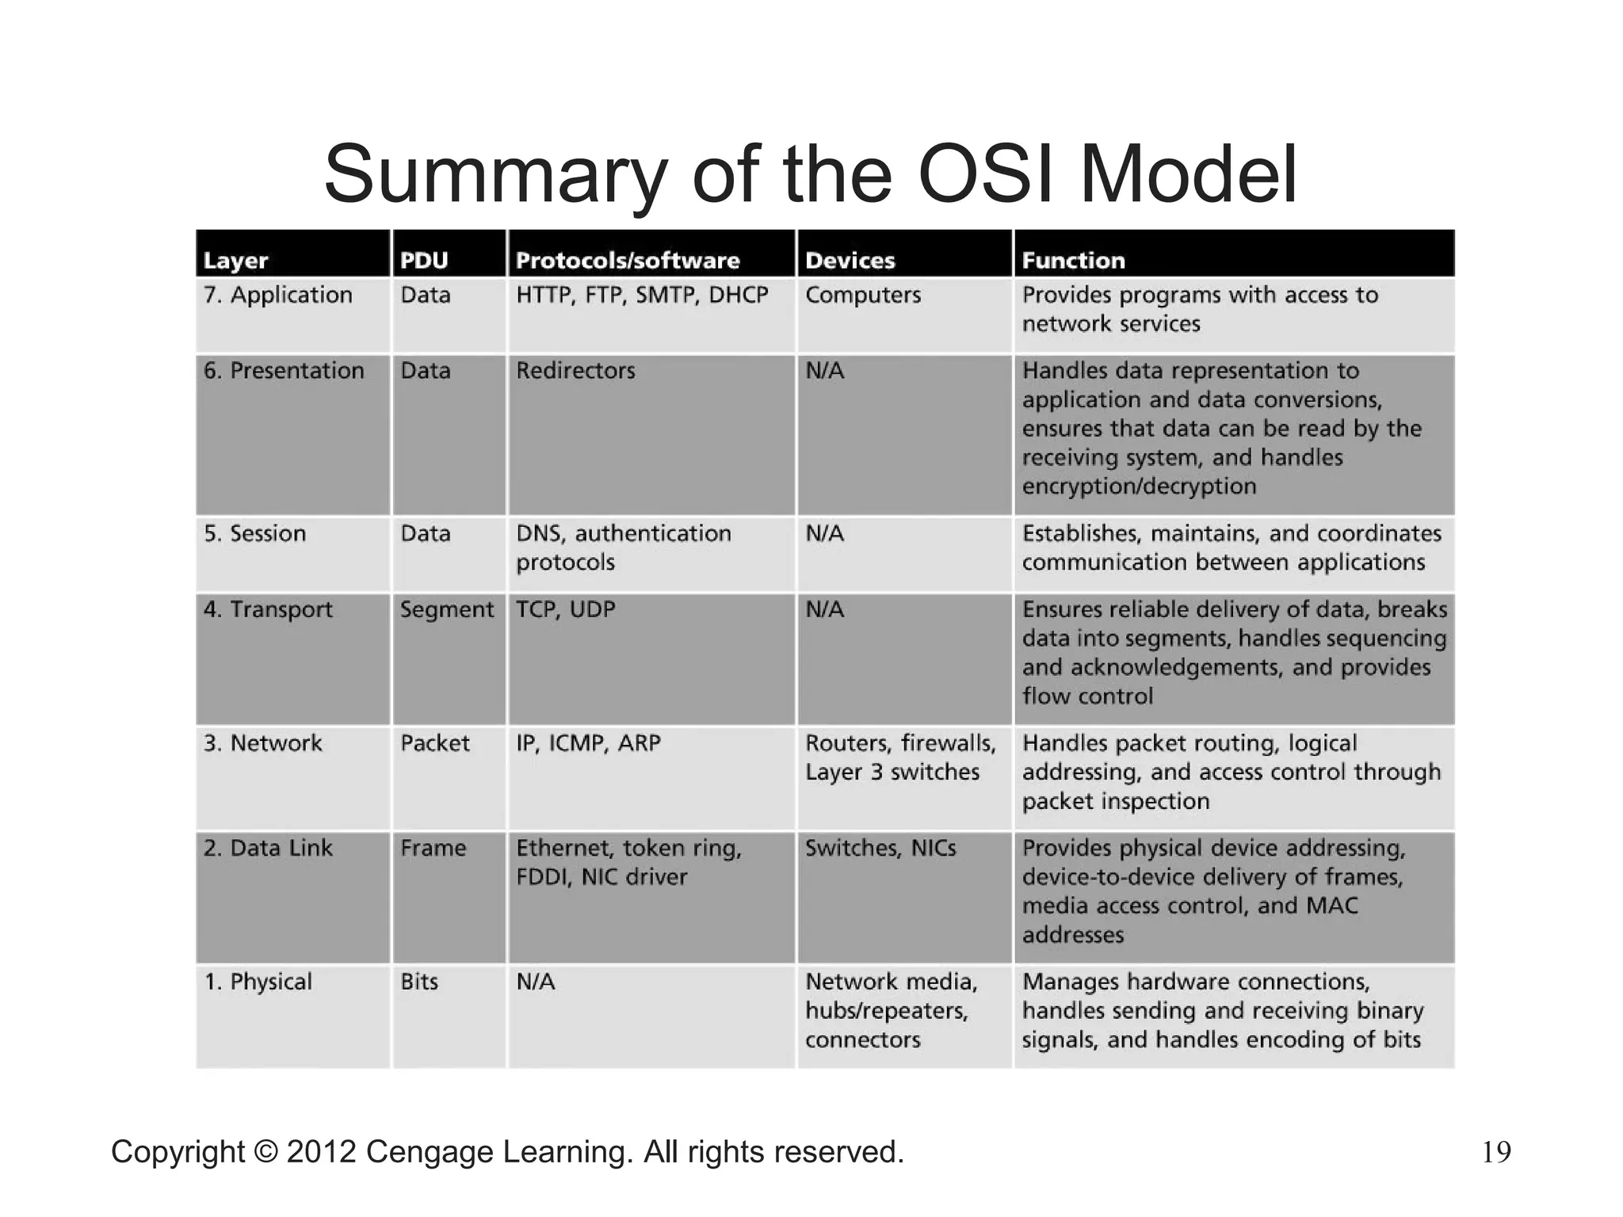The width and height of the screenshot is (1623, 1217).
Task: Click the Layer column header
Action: pos(235,261)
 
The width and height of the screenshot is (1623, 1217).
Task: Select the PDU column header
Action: pos(424,261)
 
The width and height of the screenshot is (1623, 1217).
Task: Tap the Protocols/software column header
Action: pos(628,261)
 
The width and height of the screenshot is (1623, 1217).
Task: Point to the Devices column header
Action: pos(850,261)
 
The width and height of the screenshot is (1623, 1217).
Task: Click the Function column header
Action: pos(1073,261)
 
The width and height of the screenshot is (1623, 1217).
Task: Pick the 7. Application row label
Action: pos(277,296)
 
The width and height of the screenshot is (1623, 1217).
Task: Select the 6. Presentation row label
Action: pos(284,371)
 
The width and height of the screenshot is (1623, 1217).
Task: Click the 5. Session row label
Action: pos(254,534)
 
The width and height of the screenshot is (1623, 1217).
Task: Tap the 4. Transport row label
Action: pos(268,610)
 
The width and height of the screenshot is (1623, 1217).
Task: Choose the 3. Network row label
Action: pos(262,744)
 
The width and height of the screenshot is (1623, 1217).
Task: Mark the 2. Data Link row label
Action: pos(268,849)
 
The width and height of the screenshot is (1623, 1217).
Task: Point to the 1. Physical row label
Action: pos(258,982)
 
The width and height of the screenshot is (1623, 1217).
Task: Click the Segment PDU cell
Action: pos(447,610)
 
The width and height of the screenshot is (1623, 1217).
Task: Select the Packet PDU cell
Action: pos(435,744)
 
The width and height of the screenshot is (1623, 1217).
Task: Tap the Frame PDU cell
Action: pos(433,849)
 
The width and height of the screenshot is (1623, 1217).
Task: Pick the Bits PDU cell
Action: pos(419,982)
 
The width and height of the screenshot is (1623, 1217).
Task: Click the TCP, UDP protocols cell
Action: pos(566,610)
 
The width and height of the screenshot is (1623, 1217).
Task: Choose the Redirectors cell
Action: pos(575,371)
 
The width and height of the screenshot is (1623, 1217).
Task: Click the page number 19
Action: pos(1496,1152)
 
